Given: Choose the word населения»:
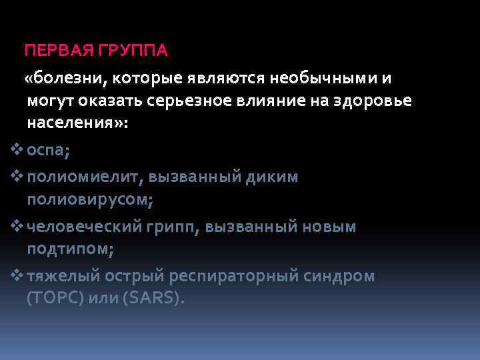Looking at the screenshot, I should tap(77, 125).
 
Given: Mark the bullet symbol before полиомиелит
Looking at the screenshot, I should tap(18, 176).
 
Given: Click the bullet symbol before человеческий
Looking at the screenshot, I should tap(18, 226).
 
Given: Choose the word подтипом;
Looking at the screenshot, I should tap(71, 249).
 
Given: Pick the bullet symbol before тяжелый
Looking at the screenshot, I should tap(18, 275).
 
